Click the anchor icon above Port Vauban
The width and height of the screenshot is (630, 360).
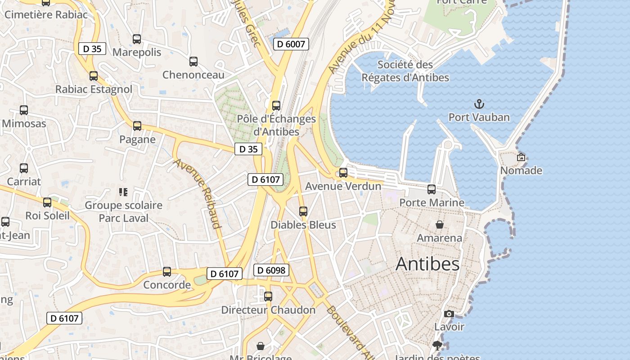point(479,104)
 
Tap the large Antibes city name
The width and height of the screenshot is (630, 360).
point(427,264)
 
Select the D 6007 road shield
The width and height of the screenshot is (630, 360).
point(291,44)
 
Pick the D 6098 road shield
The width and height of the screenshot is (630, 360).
point(271,270)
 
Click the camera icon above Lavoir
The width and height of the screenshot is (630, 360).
point(449,314)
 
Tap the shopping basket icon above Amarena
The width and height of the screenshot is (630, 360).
point(439,224)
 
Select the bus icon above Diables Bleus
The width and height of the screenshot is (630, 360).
point(303,211)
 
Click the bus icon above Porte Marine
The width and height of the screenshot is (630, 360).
point(432,189)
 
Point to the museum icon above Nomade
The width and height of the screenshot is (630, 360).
point(521,157)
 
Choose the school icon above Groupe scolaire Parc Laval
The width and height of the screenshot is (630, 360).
point(123,192)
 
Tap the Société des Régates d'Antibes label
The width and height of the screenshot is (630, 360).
point(405,71)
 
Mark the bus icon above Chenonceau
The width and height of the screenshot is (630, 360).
point(193,62)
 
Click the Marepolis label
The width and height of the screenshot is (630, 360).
point(137,52)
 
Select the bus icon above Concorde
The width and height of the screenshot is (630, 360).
point(167,272)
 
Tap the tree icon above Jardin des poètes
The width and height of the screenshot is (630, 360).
point(436,346)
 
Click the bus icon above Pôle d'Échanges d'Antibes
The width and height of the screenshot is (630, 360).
point(276,106)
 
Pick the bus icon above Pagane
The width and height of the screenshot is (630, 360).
point(137,126)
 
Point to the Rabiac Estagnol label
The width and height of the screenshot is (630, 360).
point(94,89)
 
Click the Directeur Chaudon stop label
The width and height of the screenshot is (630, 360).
point(268,310)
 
